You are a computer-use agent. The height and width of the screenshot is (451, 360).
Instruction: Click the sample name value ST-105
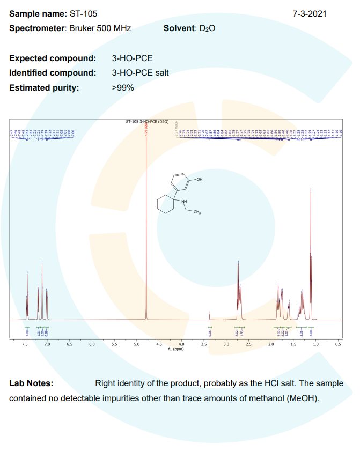pyautogui.click(x=84, y=13)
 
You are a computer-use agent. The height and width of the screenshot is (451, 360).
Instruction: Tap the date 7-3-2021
pyautogui.click(x=310, y=13)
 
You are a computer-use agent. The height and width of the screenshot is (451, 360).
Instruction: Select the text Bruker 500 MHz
pyautogui.click(x=99, y=28)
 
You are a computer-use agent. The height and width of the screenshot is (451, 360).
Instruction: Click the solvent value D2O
pyautogui.click(x=207, y=28)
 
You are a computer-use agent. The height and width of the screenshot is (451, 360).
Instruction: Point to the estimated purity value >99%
pyautogui.click(x=123, y=88)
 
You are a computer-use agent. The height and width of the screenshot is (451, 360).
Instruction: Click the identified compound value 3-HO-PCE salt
pyautogui.click(x=140, y=73)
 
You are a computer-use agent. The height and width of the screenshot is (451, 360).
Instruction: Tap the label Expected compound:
pyautogui.click(x=53, y=58)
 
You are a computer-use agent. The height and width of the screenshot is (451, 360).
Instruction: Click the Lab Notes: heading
pyautogui.click(x=31, y=383)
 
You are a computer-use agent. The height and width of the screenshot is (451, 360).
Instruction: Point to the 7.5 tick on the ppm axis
pyautogui.click(x=25, y=344)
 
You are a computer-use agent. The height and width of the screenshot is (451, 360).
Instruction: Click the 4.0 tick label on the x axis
pyautogui.click(x=181, y=344)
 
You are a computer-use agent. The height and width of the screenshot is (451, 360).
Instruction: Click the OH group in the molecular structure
pyautogui.click(x=200, y=179)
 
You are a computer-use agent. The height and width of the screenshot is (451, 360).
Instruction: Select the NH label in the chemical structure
pyautogui.click(x=185, y=201)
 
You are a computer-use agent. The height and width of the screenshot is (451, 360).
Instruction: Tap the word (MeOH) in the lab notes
pyautogui.click(x=303, y=400)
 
